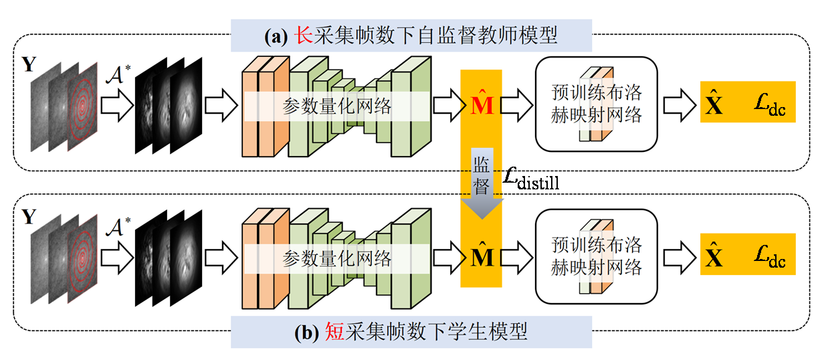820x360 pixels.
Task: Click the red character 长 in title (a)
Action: tap(305, 35)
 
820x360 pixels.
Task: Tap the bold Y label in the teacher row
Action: tap(29, 65)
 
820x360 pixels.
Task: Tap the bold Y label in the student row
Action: tap(29, 217)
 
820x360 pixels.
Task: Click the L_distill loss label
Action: tap(531, 179)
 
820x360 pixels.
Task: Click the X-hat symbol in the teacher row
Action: tap(715, 104)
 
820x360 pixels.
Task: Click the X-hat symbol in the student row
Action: tap(715, 256)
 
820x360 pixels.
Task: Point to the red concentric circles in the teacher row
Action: tap(83, 105)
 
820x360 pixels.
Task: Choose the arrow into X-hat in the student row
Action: tap(680, 256)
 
